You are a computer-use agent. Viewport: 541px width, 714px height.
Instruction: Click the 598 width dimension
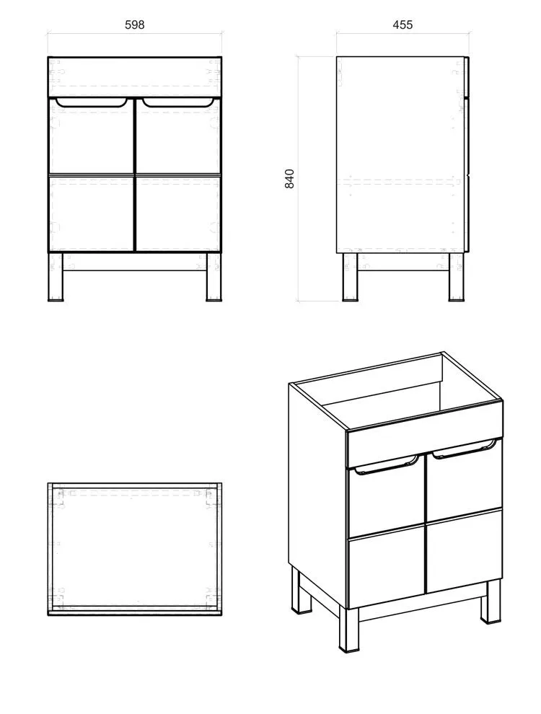(135, 25)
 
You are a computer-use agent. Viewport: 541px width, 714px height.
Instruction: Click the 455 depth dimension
(403, 25)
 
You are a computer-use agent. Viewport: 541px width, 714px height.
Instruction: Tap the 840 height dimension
(289, 179)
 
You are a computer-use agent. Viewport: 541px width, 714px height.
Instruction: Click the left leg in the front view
(56, 276)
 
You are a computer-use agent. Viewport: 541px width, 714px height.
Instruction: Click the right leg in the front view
(214, 276)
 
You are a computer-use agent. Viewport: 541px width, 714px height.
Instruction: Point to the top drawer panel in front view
(135, 76)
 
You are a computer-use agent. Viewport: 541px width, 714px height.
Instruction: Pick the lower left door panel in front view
(91, 213)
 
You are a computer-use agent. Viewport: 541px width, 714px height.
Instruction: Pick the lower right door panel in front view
(178, 213)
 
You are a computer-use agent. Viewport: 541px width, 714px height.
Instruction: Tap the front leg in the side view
(456, 276)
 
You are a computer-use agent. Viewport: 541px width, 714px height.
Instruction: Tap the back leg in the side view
(350, 276)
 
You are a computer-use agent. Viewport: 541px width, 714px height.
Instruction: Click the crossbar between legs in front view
(135, 262)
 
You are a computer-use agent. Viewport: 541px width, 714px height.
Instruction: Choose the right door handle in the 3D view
(465, 448)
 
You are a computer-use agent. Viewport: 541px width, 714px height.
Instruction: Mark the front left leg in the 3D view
(348, 630)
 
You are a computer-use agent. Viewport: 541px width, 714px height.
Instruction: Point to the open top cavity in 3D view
(401, 392)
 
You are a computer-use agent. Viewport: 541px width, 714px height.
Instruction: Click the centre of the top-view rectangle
(135, 549)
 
